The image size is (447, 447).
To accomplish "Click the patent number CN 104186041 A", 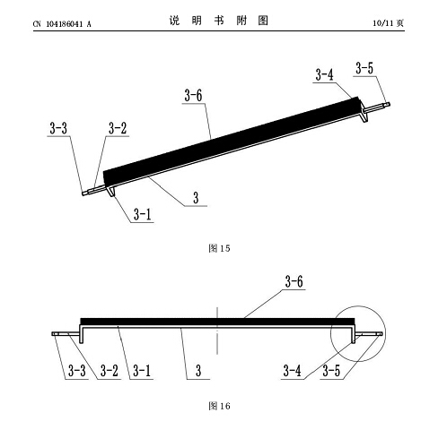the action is pos(62,24).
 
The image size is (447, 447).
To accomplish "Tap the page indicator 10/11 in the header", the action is pos(382,23).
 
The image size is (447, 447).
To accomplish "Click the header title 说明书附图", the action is pos(219,21).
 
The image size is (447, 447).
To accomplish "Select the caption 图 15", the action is pos(219,248).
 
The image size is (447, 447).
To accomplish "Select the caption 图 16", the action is pos(219,406).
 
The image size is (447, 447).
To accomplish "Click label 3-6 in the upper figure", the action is pos(193,96).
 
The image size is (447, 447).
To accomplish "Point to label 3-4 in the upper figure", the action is pos(324,74).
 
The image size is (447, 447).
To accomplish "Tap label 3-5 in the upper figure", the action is pos(364,68).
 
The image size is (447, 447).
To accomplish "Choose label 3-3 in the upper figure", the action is pos(58,128).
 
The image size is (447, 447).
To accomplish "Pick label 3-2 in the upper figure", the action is pos(118,128).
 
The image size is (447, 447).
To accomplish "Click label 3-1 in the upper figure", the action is pos(142,214).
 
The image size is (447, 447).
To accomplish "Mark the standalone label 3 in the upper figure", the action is pos(196,198).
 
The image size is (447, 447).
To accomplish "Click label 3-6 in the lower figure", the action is pos(294,281).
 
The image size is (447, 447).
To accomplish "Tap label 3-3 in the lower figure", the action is pos(77,371).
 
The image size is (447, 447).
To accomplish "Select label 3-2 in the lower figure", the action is pos(110,371).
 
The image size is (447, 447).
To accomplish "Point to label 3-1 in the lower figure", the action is pos(142,371).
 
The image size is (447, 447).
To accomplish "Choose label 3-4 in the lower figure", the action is pos(292,371).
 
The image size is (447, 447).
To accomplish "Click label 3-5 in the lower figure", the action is pos(331,371).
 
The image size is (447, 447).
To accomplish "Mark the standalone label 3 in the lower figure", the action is pos(198,371).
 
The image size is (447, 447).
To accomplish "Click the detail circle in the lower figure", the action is pos(358,306).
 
